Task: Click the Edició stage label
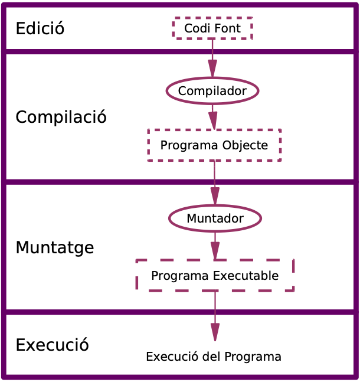[40, 28]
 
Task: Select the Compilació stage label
[61, 117]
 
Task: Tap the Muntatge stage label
[54, 247]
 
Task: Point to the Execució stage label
[52, 345]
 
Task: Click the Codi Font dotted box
[212, 28]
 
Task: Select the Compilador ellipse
[212, 90]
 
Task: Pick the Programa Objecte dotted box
[214, 145]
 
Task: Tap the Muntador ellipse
[215, 218]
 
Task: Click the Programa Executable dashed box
[215, 276]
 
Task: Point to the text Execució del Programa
[213, 357]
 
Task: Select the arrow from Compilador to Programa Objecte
[212, 116]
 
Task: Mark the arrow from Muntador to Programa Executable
[215, 246]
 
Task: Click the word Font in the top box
[227, 28]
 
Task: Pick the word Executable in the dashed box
[245, 276]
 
